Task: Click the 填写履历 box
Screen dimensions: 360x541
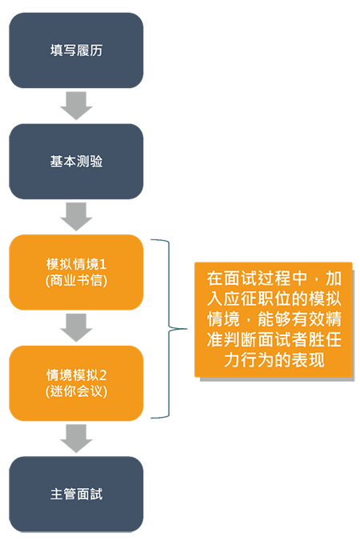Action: pyautogui.click(x=76, y=50)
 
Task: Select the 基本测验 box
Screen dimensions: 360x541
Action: pyautogui.click(x=76, y=162)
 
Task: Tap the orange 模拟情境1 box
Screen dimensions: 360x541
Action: pyautogui.click(x=76, y=272)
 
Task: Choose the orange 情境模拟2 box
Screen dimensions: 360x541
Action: pyautogui.click(x=76, y=383)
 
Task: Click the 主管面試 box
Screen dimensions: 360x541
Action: pyautogui.click(x=76, y=494)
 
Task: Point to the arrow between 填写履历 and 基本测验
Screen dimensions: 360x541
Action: pyautogui.click(x=76, y=106)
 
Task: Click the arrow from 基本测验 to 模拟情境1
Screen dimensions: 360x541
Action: pyautogui.click(x=76, y=217)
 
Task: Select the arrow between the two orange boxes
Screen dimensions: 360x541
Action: pyautogui.click(x=76, y=328)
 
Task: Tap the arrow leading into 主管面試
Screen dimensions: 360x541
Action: pyautogui.click(x=76, y=439)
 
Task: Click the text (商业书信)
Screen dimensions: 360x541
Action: pyautogui.click(x=76, y=281)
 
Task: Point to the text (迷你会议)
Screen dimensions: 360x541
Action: pyautogui.click(x=76, y=391)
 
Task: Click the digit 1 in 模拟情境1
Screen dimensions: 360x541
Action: pyautogui.click(x=102, y=265)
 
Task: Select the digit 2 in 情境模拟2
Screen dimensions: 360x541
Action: pyautogui.click(x=102, y=375)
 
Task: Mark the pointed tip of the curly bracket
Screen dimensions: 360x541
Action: pyautogui.click(x=187, y=329)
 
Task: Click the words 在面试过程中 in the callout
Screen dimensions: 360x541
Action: pyautogui.click(x=257, y=279)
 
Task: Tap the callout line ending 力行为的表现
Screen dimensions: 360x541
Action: pyautogui.click(x=274, y=360)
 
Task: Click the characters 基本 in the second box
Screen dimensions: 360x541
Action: pyautogui.click(x=62, y=162)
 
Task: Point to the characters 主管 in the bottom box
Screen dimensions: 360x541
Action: pyautogui.click(x=62, y=494)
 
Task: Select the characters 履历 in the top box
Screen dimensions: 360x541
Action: pyautogui.click(x=90, y=50)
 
